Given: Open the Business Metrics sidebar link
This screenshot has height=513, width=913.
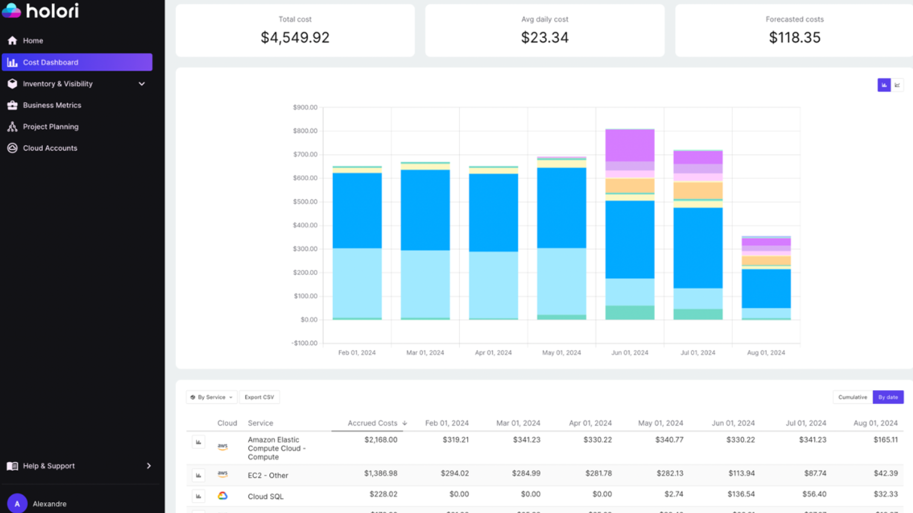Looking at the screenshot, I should (51, 105).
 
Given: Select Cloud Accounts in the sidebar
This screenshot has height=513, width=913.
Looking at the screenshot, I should (50, 148).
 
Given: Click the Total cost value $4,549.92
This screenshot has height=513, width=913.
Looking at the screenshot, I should (295, 38).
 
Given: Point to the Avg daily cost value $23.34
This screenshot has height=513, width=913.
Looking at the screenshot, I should (544, 38).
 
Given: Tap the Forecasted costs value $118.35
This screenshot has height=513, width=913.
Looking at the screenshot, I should (795, 38).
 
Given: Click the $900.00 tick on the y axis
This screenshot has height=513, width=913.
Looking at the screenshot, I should (305, 108).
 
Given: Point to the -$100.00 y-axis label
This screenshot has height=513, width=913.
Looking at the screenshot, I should (305, 343).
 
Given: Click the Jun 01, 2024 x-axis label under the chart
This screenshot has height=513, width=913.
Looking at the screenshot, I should (630, 353).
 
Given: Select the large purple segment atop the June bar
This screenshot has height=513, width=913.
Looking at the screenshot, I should (630, 145).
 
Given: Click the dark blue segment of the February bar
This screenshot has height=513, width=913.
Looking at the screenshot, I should (357, 211).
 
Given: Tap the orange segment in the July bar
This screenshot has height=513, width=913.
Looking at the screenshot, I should (698, 191).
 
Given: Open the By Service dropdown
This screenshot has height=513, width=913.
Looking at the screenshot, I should (211, 397).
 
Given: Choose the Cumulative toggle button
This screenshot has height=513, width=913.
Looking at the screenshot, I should (852, 397).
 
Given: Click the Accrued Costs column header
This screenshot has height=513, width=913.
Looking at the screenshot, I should (373, 423).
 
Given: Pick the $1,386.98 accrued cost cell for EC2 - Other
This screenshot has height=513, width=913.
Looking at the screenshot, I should (381, 474).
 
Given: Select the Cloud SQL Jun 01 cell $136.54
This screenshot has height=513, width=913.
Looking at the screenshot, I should (740, 494).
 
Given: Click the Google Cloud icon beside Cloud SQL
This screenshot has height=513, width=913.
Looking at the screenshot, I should (222, 496).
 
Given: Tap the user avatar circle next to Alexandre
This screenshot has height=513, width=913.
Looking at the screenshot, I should (17, 503).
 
